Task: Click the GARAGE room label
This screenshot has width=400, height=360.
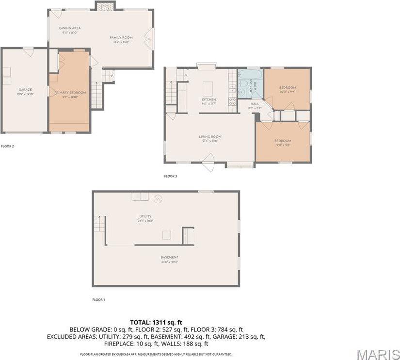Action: (25, 90)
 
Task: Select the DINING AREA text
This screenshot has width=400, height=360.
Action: (70, 28)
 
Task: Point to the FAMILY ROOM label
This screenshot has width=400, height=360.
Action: (121, 38)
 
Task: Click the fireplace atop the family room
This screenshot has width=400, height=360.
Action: (105, 6)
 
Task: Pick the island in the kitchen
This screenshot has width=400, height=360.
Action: (208, 88)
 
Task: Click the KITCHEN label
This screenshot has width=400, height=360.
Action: (209, 99)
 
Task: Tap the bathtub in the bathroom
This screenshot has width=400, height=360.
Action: (250, 75)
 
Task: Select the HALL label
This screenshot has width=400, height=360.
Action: (255, 104)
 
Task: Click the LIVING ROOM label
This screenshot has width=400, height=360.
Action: (210, 137)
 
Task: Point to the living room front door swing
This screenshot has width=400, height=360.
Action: (209, 162)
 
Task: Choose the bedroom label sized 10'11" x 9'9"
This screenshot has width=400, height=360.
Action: (287, 88)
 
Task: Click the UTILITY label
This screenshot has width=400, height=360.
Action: (145, 216)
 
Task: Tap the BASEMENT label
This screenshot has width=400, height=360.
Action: (170, 257)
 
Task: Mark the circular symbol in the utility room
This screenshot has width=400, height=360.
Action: (158, 199)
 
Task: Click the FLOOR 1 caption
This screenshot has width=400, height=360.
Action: (98, 300)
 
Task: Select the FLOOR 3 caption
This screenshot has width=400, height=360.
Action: (171, 176)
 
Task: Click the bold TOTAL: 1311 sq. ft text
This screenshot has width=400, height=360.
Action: (156, 322)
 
